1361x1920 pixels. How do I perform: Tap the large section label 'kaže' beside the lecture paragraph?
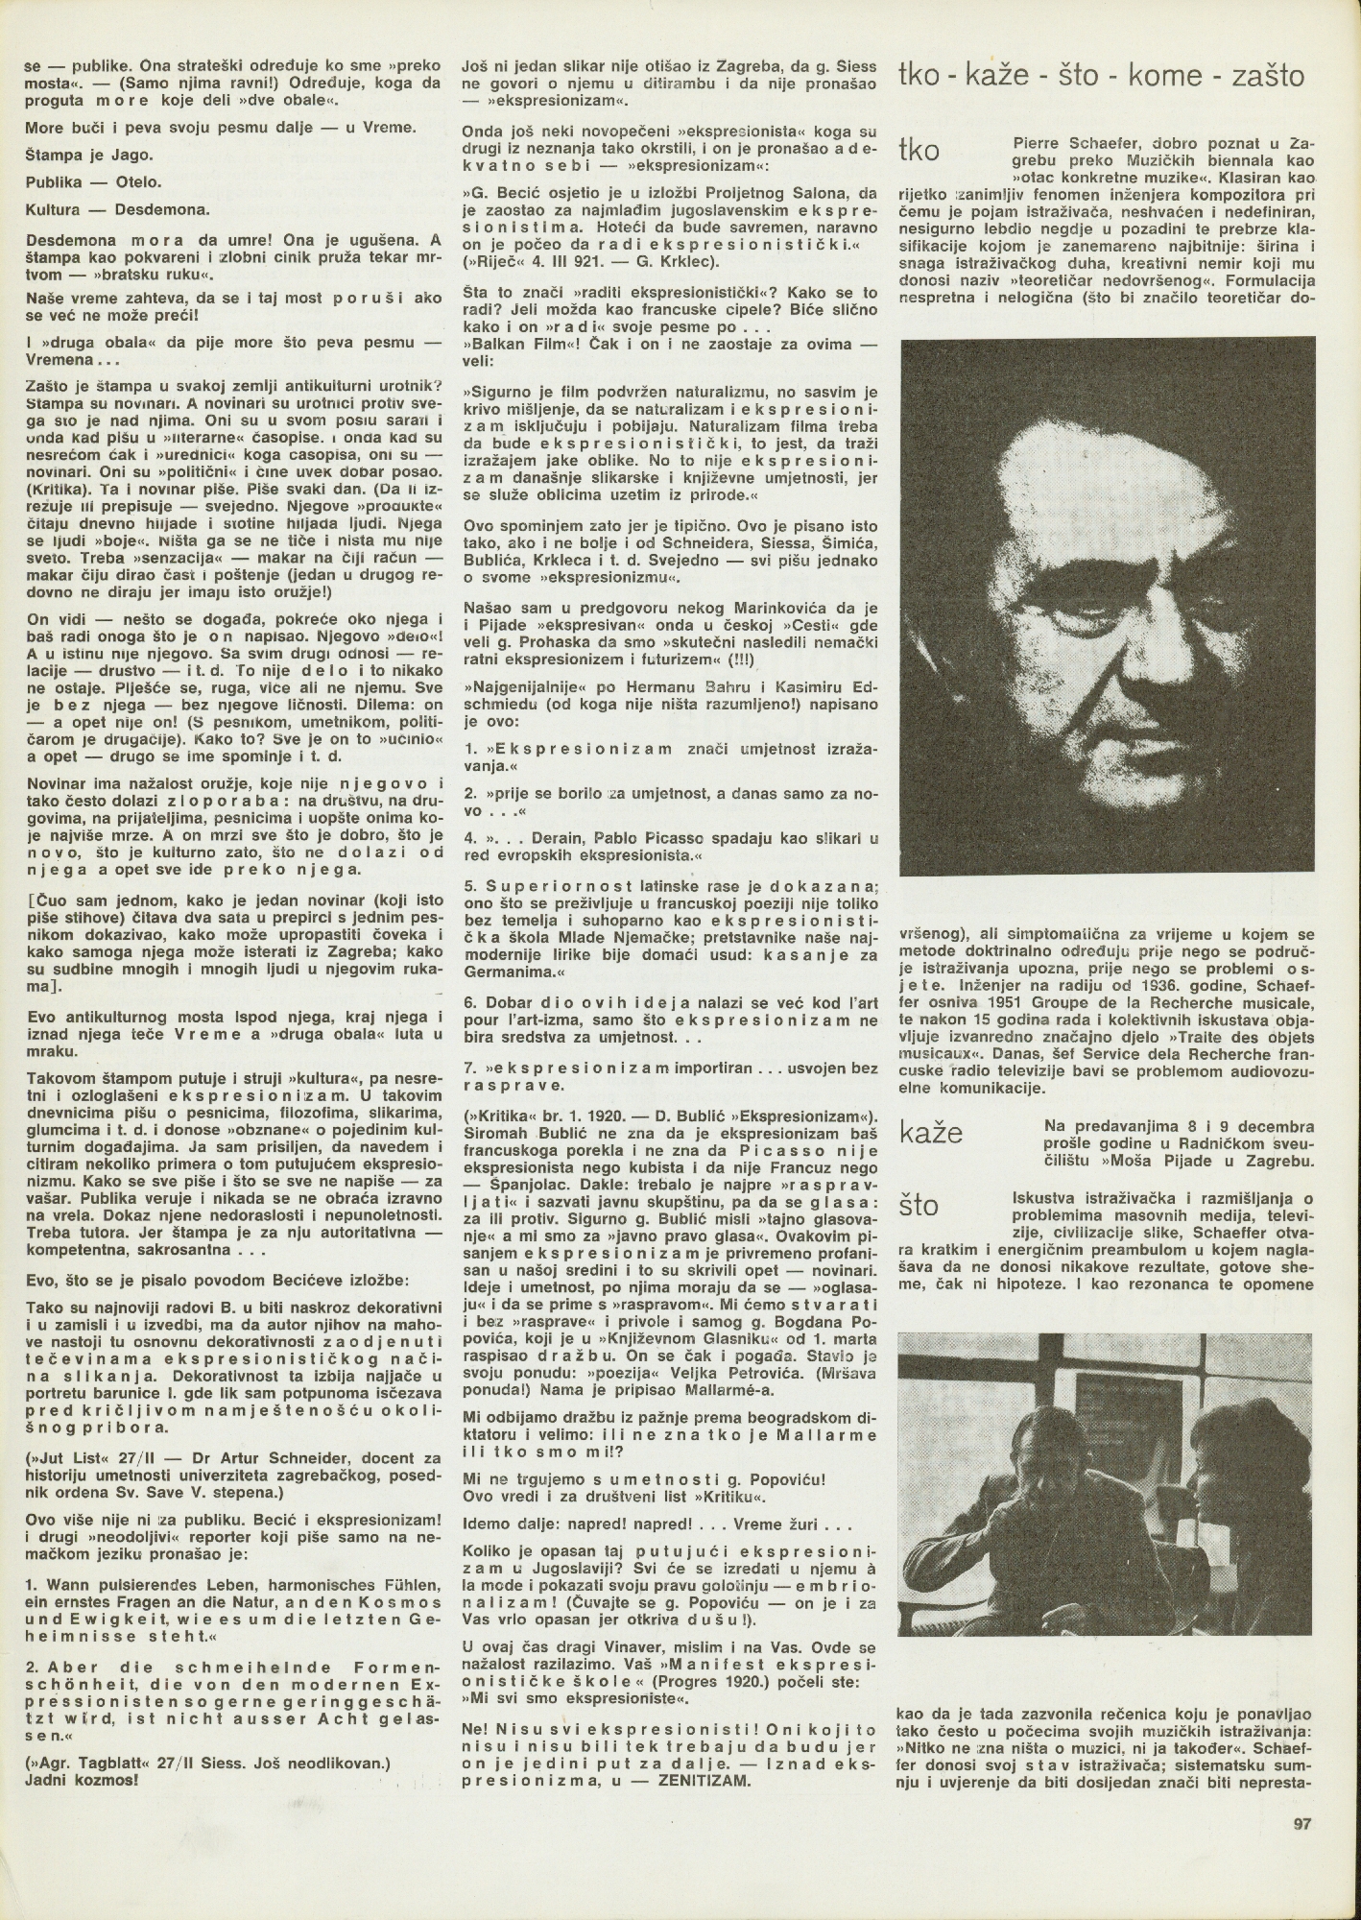pos(930,1133)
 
